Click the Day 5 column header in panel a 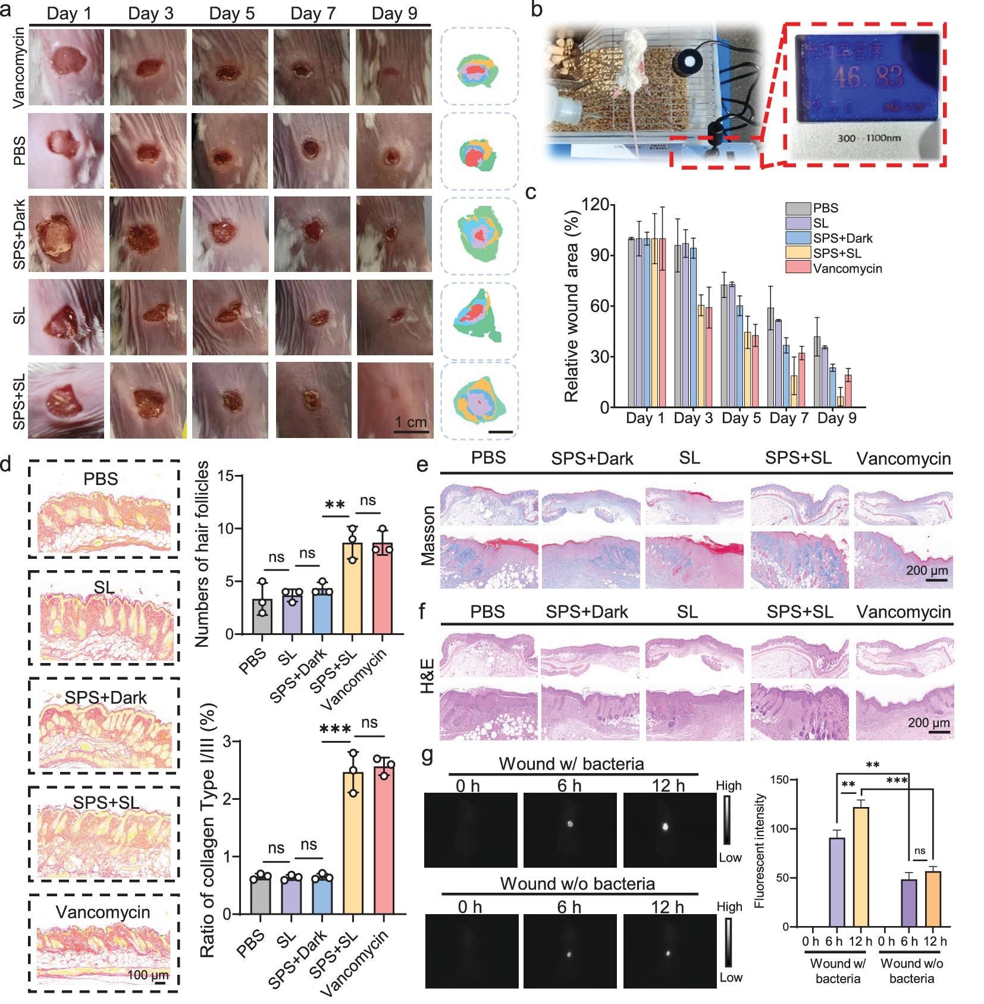point(231,13)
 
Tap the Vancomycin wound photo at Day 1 point(66,67)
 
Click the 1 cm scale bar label point(411,422)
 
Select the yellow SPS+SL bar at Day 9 point(840,402)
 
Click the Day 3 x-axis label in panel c point(693,418)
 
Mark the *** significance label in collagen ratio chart point(335,730)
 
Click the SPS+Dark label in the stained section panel point(105,697)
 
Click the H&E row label point(428,676)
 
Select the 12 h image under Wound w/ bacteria point(669,830)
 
